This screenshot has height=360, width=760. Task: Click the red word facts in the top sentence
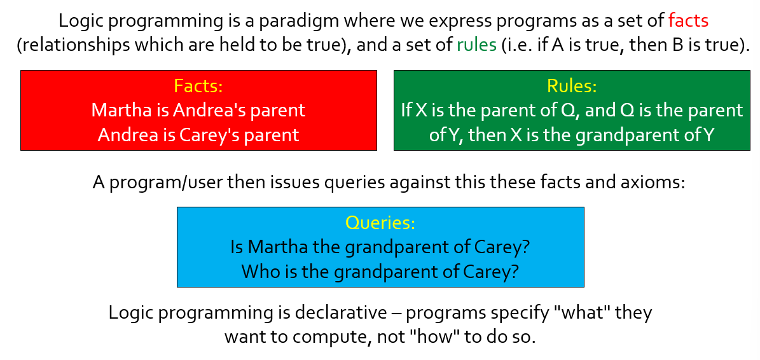[x=688, y=21]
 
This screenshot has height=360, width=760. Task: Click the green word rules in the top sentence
[x=477, y=45]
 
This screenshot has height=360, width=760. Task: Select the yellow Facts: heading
[x=198, y=86]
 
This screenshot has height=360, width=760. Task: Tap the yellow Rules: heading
[x=572, y=86]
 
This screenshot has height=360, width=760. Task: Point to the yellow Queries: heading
[x=380, y=223]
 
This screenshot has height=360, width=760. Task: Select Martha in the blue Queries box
[x=278, y=247]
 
